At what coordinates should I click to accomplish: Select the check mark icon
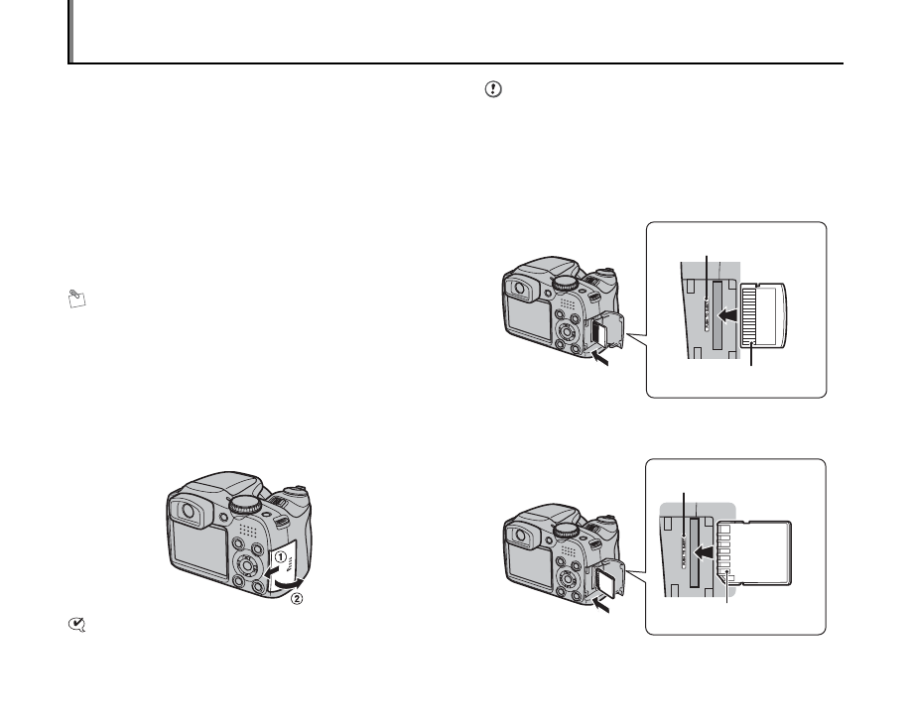tap(77, 625)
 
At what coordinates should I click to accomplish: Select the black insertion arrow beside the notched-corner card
tap(706, 550)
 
